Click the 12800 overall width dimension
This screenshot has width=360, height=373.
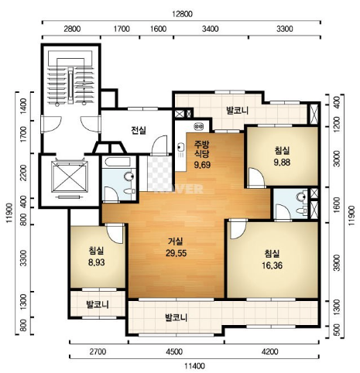(x=183, y=14)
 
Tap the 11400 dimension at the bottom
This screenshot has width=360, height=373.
(x=195, y=366)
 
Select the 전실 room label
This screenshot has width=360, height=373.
(x=139, y=130)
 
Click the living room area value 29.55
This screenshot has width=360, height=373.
(x=176, y=253)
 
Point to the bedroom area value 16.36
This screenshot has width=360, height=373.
(x=273, y=265)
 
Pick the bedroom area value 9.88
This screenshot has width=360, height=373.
(x=282, y=163)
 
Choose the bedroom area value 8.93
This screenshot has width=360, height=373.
(x=96, y=262)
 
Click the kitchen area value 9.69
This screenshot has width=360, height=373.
(x=202, y=165)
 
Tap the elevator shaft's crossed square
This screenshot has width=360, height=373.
(x=70, y=176)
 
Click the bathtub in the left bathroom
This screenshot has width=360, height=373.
(x=118, y=162)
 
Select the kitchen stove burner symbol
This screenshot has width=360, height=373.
(x=199, y=126)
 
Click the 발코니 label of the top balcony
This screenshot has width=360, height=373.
(x=237, y=111)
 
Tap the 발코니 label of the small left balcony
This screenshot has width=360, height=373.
(x=98, y=305)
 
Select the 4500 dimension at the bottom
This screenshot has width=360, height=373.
(x=175, y=351)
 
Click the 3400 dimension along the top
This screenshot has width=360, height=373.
(x=210, y=29)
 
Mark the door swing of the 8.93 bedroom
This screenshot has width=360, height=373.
(x=115, y=233)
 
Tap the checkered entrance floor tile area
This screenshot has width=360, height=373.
(x=159, y=173)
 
